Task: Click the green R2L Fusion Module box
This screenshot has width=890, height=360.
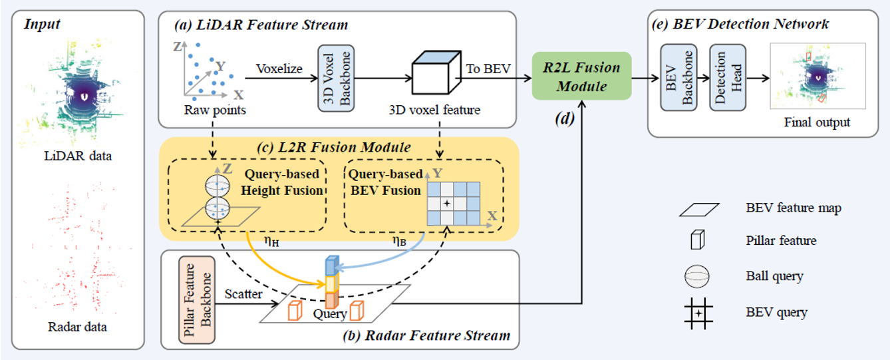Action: tap(581, 77)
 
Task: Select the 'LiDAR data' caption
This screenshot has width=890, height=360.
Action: tap(79, 156)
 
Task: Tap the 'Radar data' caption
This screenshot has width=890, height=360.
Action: tap(77, 327)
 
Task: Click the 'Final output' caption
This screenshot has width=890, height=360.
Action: tap(817, 122)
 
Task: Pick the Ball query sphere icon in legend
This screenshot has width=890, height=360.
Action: tap(696, 276)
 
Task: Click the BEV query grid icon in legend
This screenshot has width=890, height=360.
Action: tap(696, 311)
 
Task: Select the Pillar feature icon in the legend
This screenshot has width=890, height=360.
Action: tap(696, 241)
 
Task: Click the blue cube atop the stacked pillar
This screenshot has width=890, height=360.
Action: tap(332, 266)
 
